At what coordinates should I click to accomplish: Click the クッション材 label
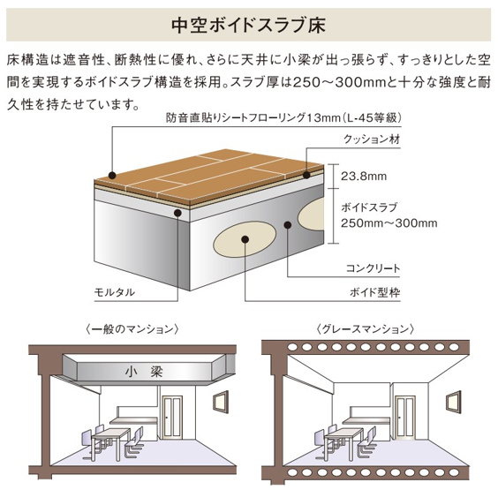pos(370,139)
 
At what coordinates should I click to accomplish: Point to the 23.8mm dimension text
pos(363,176)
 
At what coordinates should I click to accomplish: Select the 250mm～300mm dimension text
pos(389,222)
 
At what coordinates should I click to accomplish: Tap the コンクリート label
pos(373,268)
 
